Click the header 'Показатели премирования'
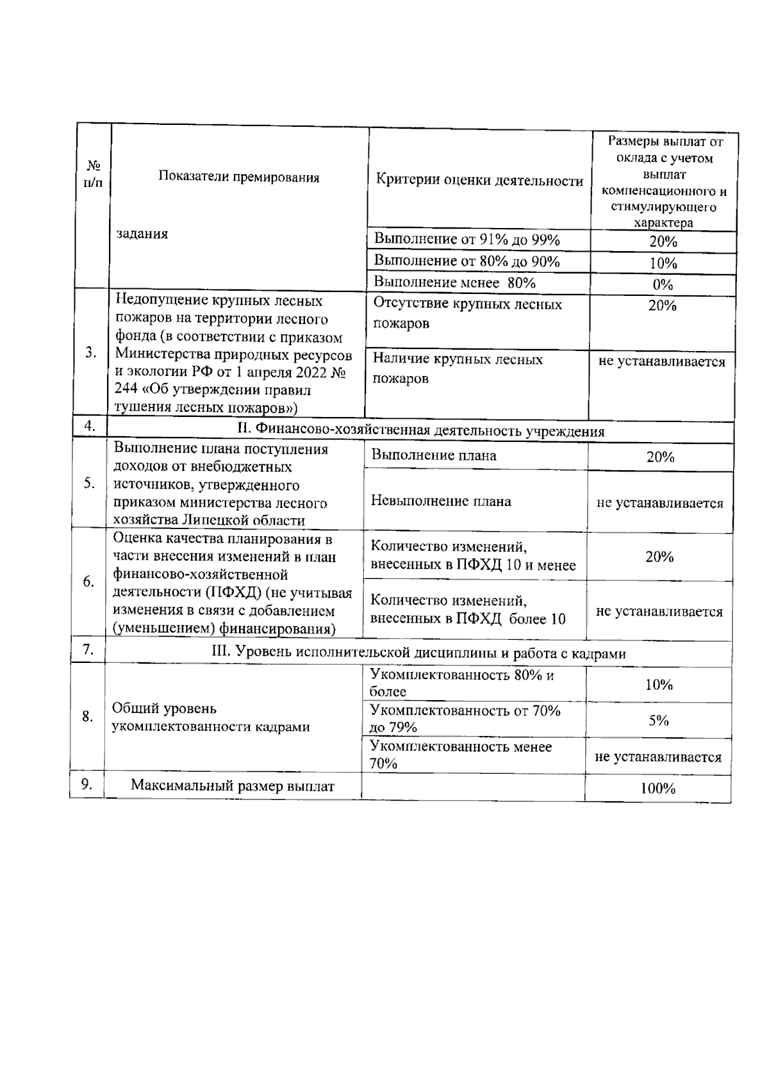[x=239, y=177]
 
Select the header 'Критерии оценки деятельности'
[x=479, y=181]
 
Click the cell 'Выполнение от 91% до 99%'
[x=467, y=240]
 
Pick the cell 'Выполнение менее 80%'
[x=454, y=282]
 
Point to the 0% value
[x=662, y=284]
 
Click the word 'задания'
[x=142, y=234]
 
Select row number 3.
[x=91, y=353]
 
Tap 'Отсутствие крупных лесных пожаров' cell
[x=467, y=313]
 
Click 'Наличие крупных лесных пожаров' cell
[x=458, y=368]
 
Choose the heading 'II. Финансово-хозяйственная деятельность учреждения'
[x=420, y=431]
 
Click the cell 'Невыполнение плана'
[x=441, y=501]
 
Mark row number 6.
[x=89, y=582]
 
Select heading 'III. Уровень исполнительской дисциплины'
[x=418, y=653]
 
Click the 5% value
[x=658, y=721]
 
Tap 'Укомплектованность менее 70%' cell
[x=460, y=755]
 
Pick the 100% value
[x=657, y=789]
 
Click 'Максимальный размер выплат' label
[x=233, y=786]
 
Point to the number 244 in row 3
[x=125, y=389]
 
